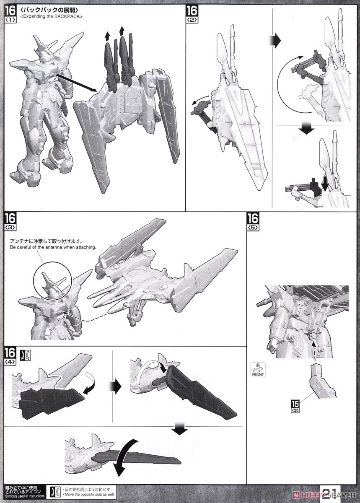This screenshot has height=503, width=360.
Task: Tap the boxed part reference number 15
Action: pyautogui.click(x=295, y=406)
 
